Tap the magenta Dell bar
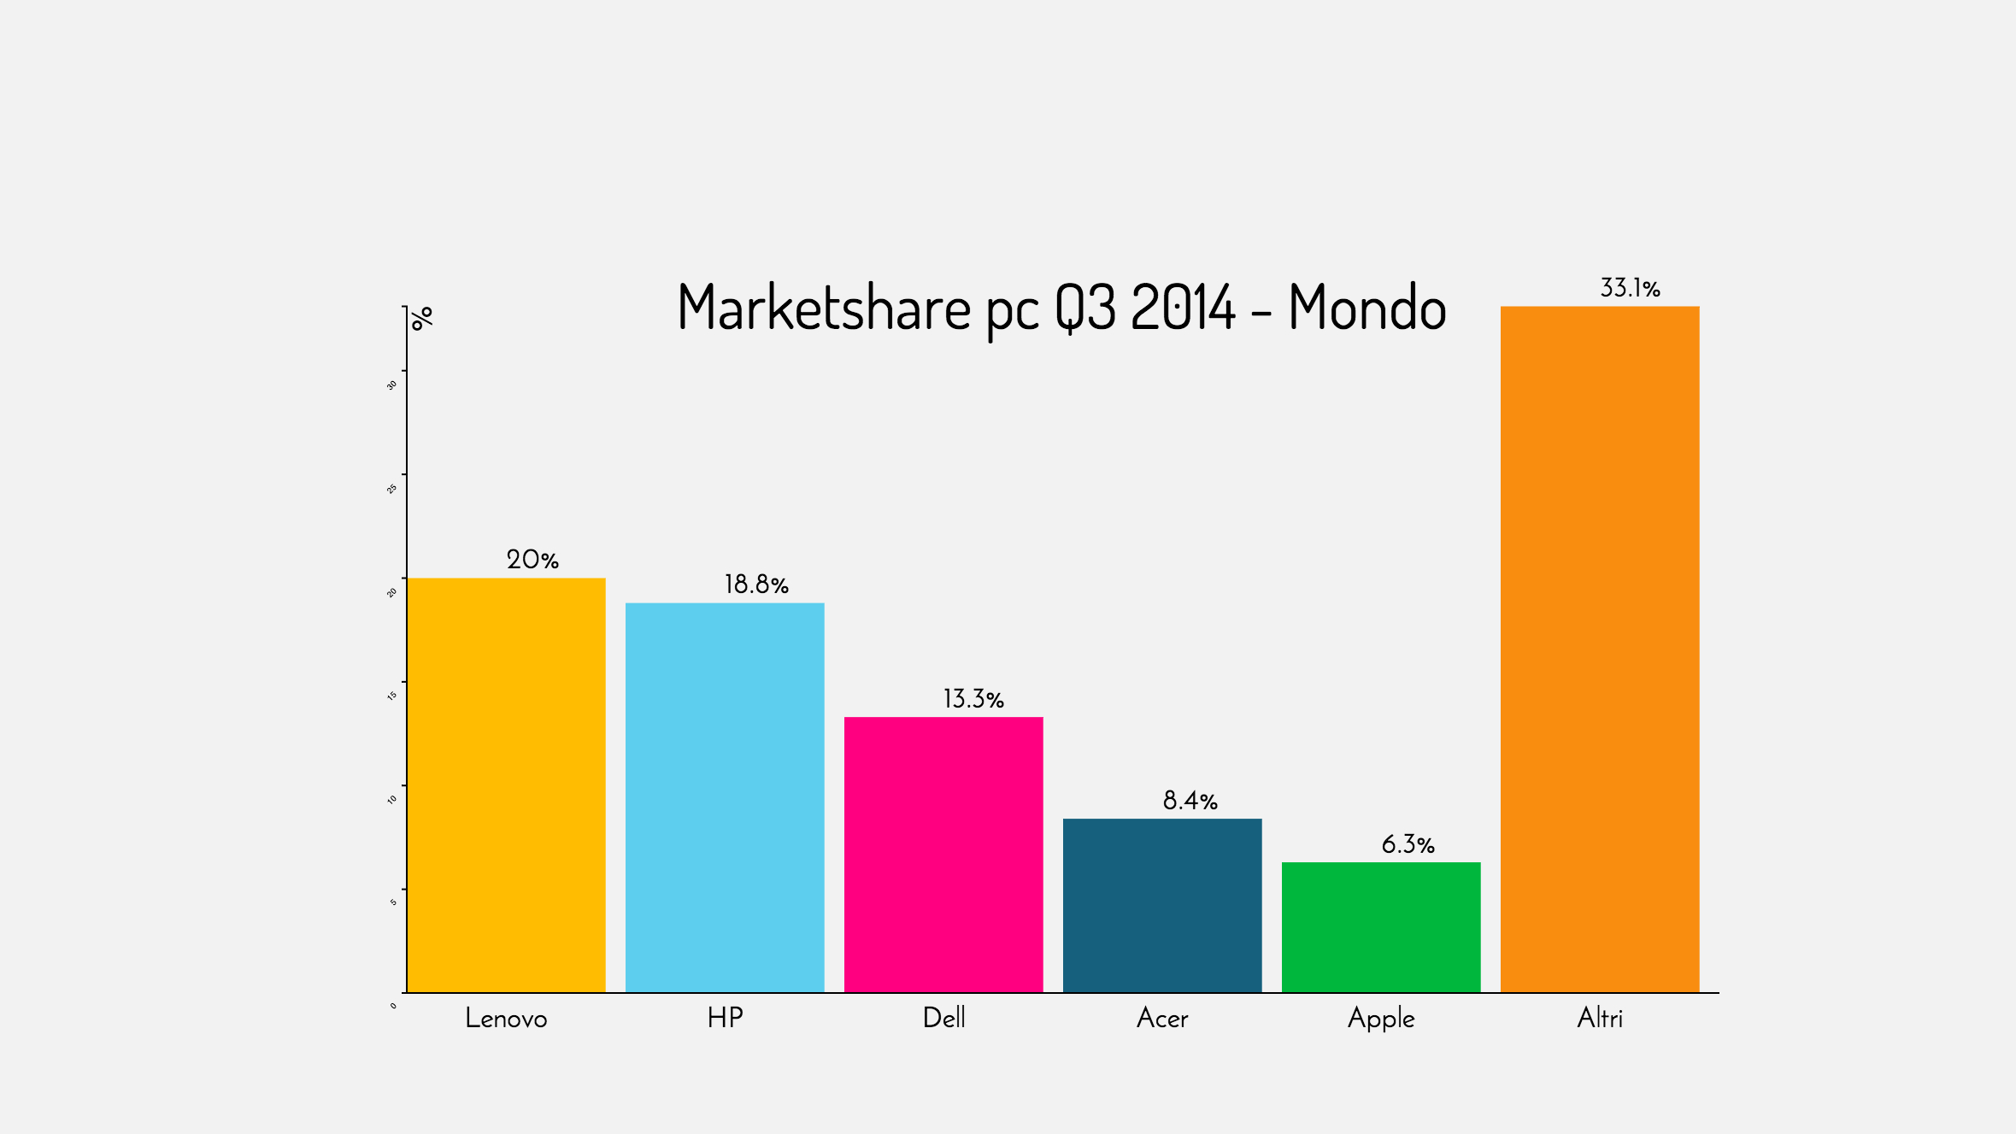point(943,855)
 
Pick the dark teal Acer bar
point(1162,905)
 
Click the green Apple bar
point(1381,927)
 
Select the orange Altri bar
point(1600,649)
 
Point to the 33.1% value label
point(1630,288)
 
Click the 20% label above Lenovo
point(532,560)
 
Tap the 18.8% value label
point(756,585)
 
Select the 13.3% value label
point(973,699)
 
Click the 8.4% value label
point(1190,801)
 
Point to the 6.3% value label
point(1408,844)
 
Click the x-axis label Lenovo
point(506,1018)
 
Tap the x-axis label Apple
point(1381,1019)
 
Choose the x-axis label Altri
point(1600,1018)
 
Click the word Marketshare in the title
point(824,308)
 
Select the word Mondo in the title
point(1367,308)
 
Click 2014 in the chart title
point(1184,308)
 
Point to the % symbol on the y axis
point(422,318)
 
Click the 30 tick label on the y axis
point(392,385)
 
